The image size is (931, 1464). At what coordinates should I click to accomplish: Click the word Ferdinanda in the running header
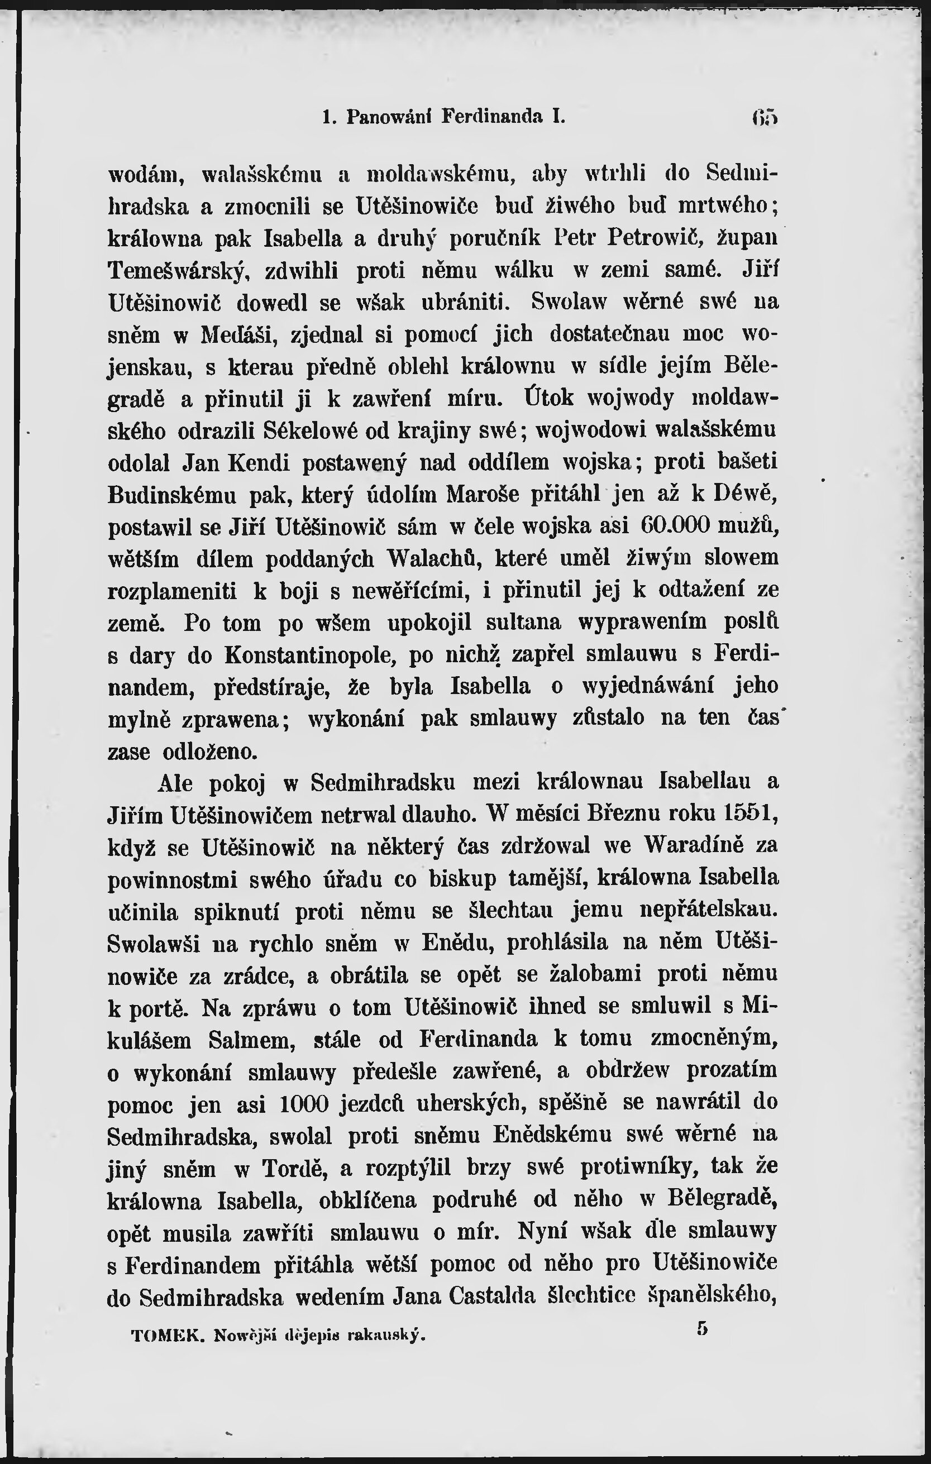[492, 116]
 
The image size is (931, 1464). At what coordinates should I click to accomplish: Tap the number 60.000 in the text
[676, 525]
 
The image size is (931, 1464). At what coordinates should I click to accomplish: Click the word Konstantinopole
[309, 654]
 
